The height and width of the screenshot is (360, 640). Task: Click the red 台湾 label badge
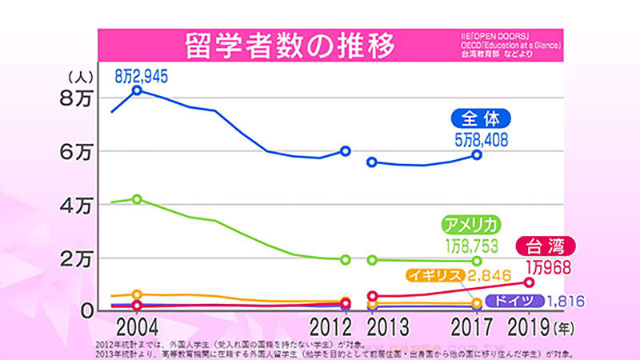coord(548,246)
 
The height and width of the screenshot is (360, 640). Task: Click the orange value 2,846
coord(488,276)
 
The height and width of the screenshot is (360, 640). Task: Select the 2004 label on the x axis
coord(137,328)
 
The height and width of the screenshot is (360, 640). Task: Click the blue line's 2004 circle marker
coord(138,91)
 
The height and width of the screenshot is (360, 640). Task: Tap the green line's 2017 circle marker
coord(478,261)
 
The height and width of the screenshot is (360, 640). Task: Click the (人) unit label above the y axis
coord(82,78)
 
